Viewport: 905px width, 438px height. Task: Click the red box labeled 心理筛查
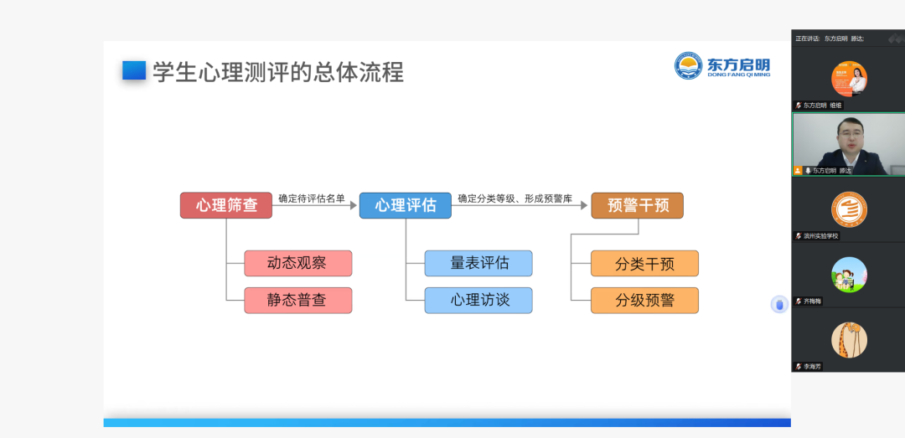coord(226,205)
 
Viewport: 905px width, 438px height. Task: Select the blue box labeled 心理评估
coord(406,205)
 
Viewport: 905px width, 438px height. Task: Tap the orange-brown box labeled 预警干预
coord(637,205)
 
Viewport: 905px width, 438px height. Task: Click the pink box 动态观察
coord(297,263)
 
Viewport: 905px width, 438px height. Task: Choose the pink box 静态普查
coord(297,300)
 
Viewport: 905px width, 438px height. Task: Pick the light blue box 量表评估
coord(478,263)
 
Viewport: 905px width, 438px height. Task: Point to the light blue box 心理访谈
coord(478,300)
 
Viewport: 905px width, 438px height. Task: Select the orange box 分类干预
coord(644,263)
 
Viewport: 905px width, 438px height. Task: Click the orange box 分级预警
coord(644,300)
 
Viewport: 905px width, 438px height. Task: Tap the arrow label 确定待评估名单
coord(312,198)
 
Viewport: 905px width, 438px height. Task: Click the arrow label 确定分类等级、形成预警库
coord(514,198)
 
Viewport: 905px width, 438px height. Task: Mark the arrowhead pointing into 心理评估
coord(354,205)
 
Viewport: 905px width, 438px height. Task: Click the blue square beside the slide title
coord(134,71)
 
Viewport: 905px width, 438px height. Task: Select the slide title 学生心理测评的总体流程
coord(278,72)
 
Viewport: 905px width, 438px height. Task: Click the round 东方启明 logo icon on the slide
coord(689,65)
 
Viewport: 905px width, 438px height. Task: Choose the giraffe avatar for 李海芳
coord(849,339)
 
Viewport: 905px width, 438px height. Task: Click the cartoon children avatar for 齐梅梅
coord(849,274)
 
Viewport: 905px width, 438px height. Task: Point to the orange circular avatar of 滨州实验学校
coord(849,209)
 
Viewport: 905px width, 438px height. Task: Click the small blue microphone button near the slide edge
coord(779,304)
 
